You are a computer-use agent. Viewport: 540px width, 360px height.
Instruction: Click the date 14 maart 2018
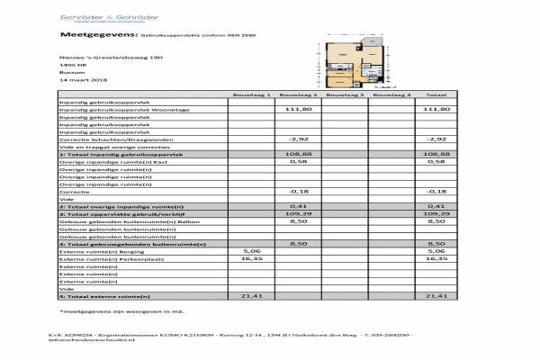point(82,79)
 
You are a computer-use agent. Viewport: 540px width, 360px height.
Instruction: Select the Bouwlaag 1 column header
point(252,94)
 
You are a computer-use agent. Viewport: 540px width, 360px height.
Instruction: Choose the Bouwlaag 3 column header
point(343,94)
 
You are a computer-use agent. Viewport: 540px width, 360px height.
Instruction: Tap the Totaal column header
point(436,94)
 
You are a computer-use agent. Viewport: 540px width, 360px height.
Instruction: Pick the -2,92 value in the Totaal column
point(436,139)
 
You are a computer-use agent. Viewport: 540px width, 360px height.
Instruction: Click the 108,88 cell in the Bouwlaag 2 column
point(298,154)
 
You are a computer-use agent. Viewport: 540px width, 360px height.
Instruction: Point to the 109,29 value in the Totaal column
point(436,214)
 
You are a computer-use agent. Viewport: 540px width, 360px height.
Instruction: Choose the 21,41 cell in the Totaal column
point(436,295)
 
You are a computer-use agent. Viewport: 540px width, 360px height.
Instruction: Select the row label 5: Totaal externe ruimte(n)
point(104,295)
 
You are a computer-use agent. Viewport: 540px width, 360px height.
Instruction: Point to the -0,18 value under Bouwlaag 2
point(298,192)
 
